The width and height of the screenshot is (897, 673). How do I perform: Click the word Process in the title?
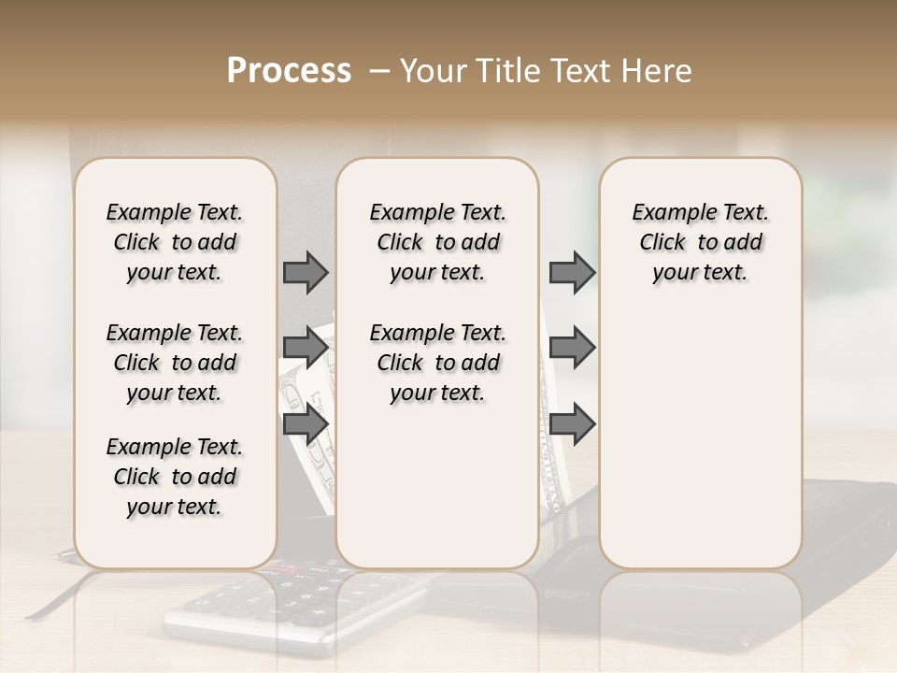(x=289, y=71)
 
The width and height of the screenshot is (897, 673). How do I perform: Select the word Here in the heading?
(x=655, y=71)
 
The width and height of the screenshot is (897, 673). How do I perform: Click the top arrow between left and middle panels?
(x=306, y=272)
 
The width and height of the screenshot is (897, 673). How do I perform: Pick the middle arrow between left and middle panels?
(x=306, y=348)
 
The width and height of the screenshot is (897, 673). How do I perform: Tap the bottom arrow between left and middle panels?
(x=306, y=423)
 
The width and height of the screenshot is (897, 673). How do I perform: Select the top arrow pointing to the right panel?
(x=572, y=272)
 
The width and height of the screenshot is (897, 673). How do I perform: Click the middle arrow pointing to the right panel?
(x=572, y=348)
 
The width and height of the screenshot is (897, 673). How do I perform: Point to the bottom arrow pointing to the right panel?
(x=572, y=423)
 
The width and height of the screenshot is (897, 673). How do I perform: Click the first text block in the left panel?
(x=175, y=242)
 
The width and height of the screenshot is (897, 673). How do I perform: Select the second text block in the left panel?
(x=175, y=363)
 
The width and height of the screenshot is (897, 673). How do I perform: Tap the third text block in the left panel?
(x=175, y=477)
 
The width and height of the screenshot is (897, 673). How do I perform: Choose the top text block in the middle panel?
(x=437, y=242)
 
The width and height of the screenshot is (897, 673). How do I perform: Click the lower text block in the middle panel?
(x=437, y=363)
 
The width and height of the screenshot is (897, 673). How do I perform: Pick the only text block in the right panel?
(x=700, y=242)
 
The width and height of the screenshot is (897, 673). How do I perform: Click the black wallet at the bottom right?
(x=841, y=561)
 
